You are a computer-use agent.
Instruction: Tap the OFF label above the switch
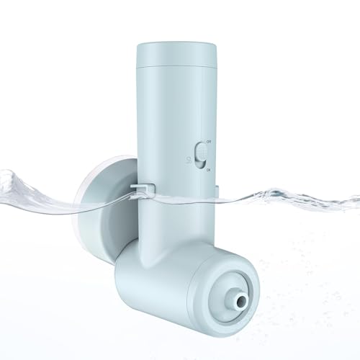point(209,143)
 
